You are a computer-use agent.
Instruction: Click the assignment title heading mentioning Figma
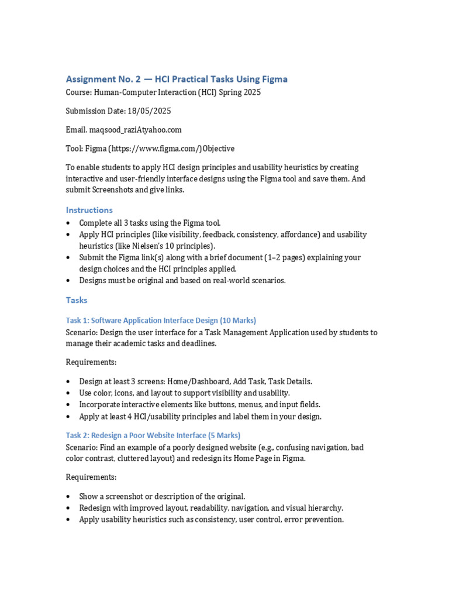pos(177,79)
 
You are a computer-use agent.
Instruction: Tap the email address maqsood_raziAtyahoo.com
pos(136,130)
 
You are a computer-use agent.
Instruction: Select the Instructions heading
pos(89,210)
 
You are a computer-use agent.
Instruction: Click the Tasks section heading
pos(77,300)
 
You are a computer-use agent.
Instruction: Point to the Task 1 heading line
pos(161,321)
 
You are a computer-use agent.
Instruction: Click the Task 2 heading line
pos(153,435)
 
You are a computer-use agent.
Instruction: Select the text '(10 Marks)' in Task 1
pos(238,321)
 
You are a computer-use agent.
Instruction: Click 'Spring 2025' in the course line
pos(240,92)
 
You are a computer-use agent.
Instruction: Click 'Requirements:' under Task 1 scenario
pos(91,362)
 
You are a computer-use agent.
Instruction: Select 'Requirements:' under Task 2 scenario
pos(91,477)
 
